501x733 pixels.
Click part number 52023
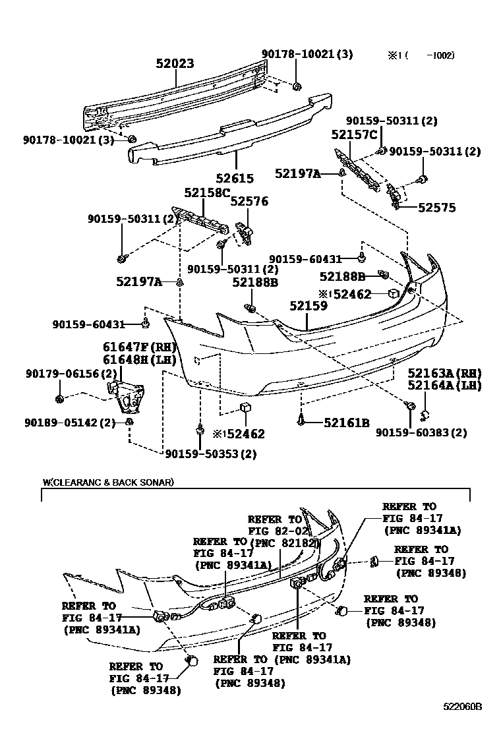click(x=175, y=64)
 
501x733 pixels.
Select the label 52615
click(x=234, y=178)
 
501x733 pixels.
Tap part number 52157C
click(x=354, y=136)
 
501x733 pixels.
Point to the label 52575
click(x=436, y=208)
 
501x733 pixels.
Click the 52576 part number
click(x=249, y=202)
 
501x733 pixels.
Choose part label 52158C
click(x=207, y=193)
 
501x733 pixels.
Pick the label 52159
click(x=308, y=306)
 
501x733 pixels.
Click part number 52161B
click(x=347, y=423)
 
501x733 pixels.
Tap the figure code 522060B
click(x=462, y=707)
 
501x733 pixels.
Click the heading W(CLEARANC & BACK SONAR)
click(x=107, y=482)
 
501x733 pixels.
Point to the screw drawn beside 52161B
click(x=301, y=418)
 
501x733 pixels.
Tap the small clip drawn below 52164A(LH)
click(x=425, y=414)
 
